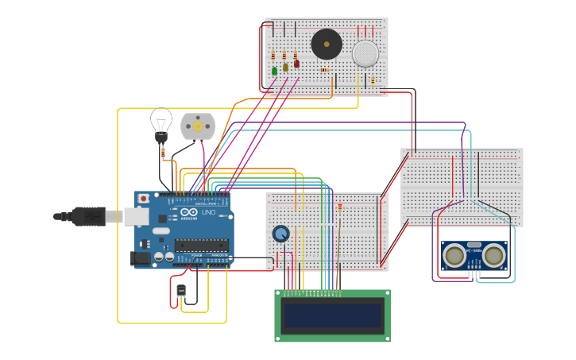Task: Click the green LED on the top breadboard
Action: click(275, 71)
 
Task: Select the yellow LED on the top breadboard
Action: click(285, 68)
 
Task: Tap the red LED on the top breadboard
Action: click(296, 64)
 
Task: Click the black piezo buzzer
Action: click(326, 44)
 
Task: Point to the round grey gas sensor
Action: click(365, 53)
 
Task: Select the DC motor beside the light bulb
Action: click(197, 126)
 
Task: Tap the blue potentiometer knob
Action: click(280, 234)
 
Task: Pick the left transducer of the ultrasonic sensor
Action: click(455, 255)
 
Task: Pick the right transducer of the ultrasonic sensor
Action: click(494, 255)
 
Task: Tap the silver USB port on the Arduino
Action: click(137, 215)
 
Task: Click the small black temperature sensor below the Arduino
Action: click(181, 292)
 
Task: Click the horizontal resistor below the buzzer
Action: click(323, 70)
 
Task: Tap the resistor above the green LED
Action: click(273, 56)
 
